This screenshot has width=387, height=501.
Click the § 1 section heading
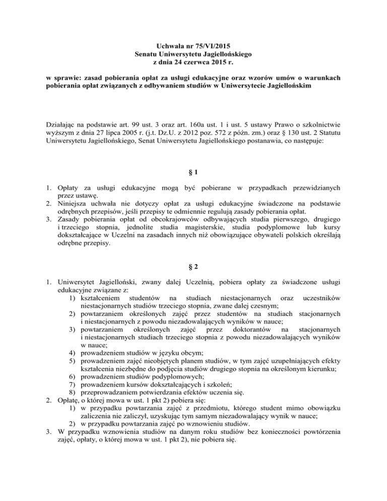click(193, 172)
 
